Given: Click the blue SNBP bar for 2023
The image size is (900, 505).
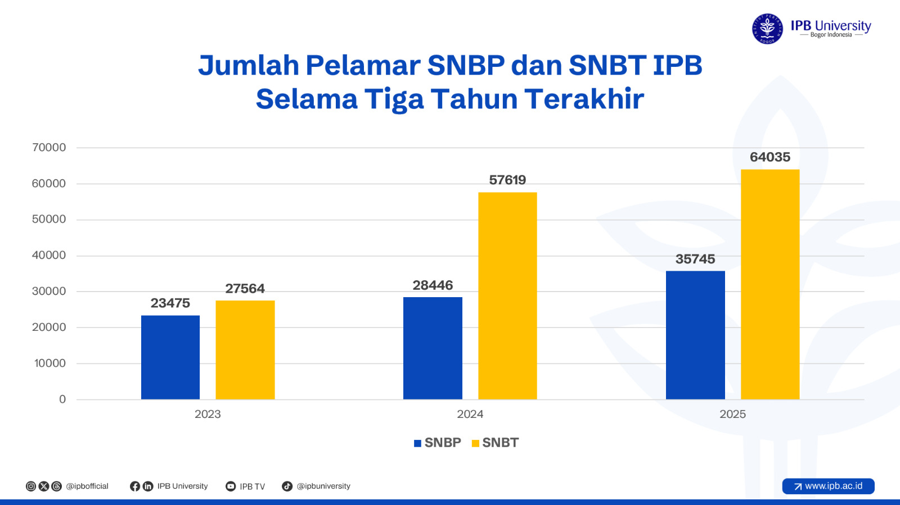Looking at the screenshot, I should pos(170,357).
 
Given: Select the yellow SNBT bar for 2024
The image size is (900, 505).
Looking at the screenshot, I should pos(507,296).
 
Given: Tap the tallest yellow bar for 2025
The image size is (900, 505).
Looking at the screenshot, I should pos(770,284).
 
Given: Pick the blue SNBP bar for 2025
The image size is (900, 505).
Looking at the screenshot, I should pos(695,335).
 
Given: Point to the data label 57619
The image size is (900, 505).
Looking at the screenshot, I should pos(507,180).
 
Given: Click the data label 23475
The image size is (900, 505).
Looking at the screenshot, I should pos(170,303).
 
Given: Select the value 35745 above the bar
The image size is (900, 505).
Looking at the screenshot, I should pos(695,259).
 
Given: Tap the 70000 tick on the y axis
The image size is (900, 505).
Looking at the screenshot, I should pos(49,148).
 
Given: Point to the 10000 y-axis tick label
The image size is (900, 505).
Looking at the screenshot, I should pos(50,363).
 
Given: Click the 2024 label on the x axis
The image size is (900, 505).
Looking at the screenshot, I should pos(470,415).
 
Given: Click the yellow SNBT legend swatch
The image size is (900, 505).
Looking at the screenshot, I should pos(475,443).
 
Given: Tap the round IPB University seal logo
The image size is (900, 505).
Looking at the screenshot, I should pos(767,29).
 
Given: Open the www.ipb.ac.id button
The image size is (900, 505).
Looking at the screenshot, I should pos(828,486).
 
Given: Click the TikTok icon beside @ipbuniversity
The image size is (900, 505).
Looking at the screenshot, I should pos(287,486).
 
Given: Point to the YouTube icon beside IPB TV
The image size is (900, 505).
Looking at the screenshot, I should pos(231,486).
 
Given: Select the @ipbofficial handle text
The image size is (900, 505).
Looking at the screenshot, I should pos(87,486).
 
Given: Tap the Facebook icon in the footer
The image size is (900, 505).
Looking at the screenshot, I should pos(135,486).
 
